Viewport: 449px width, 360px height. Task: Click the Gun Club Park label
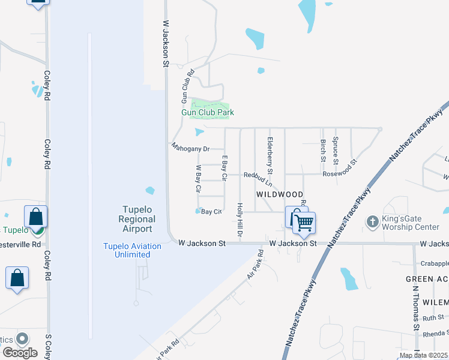tap(208, 112)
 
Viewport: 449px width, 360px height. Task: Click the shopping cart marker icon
tap(304, 223)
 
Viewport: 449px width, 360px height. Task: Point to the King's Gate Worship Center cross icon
tap(372, 221)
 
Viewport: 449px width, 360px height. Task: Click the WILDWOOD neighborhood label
tap(280, 195)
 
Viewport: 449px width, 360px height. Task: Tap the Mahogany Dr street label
tap(190, 148)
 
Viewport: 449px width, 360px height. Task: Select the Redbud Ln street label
tap(258, 175)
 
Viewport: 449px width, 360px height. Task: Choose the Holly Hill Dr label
tap(240, 221)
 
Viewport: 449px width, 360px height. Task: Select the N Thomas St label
tap(414, 305)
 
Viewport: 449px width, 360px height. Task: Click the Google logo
tap(20, 353)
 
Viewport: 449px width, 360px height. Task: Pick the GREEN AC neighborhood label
tap(427, 279)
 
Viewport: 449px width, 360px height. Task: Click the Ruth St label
tap(432, 317)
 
